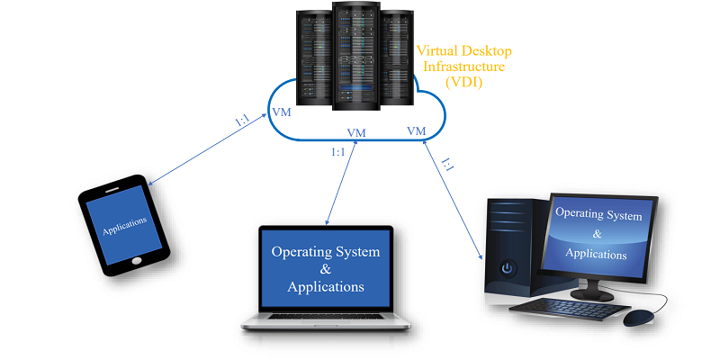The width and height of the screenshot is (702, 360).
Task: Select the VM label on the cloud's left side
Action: (281, 114)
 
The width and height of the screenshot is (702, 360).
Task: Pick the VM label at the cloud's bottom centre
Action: (356, 133)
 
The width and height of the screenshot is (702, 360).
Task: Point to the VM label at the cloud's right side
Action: (416, 131)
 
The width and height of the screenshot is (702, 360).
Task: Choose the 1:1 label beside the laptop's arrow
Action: (338, 152)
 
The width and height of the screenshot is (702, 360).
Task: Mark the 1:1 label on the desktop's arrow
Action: (447, 165)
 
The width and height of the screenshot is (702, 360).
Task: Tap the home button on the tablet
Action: (137, 260)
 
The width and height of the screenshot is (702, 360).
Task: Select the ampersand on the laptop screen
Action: (326, 270)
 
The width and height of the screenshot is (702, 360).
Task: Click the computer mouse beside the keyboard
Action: (639, 318)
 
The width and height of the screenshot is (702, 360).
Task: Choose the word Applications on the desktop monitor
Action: (596, 254)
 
